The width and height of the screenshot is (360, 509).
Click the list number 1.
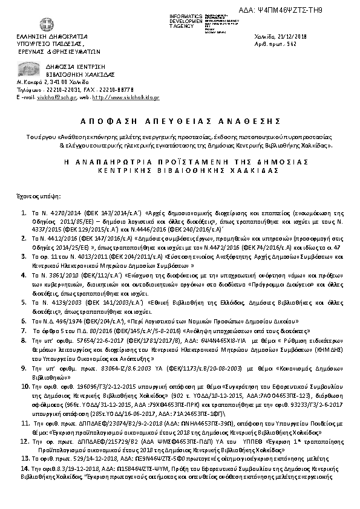click(x=24, y=213)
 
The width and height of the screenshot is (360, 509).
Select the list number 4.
click(x=24, y=274)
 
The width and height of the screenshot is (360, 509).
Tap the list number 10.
click(x=25, y=384)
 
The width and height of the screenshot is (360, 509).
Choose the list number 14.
click(x=25, y=468)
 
